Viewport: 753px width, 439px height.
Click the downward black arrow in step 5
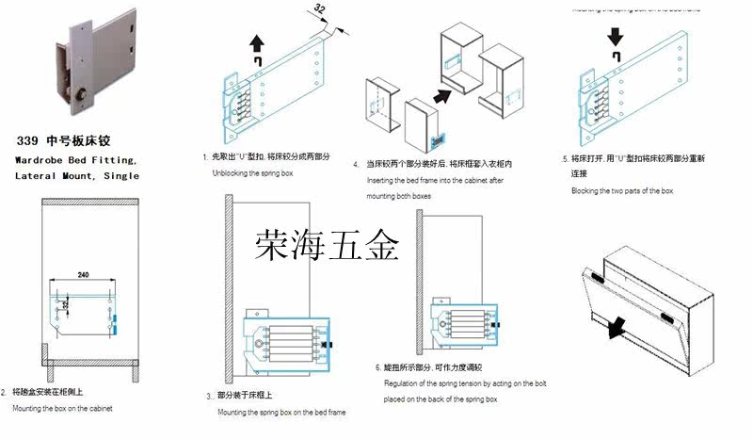[x=613, y=37]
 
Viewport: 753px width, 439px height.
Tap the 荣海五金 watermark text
[x=327, y=246]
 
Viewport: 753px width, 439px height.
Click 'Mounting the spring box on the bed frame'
[x=281, y=413]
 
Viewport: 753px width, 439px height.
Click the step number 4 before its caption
[x=357, y=164]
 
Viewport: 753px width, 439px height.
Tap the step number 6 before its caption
[x=376, y=367]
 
